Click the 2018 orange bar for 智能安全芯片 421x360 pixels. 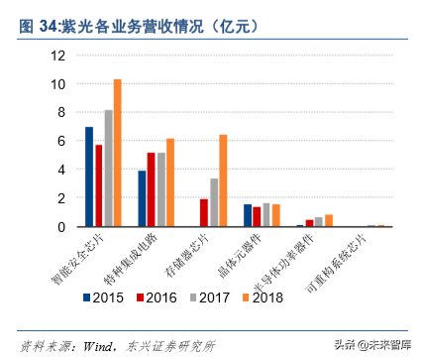(117, 153)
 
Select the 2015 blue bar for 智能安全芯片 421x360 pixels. (89, 177)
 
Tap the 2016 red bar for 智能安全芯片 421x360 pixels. (98, 185)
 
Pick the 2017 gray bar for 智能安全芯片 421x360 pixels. (108, 169)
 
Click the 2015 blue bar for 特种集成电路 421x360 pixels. (142, 198)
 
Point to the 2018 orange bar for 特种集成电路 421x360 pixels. (170, 182)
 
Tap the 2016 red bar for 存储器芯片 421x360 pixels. (204, 212)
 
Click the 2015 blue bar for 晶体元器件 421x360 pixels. (248, 215)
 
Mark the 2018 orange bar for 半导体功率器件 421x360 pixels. (329, 220)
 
